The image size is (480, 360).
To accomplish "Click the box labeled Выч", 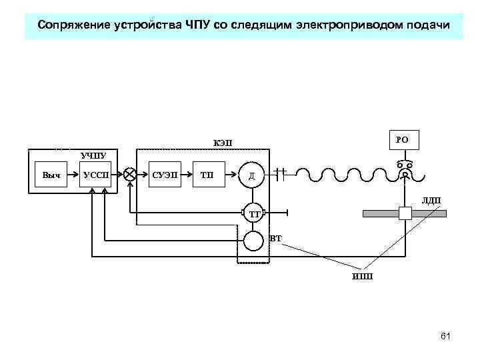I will coord(51,175).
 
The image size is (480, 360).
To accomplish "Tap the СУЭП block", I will coord(165,175).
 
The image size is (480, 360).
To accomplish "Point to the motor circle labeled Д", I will coord(252,175).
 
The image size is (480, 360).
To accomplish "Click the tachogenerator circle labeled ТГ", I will coord(253,213).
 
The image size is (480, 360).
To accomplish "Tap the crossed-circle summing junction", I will coord(130,175).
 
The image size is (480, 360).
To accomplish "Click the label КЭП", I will coord(222,143).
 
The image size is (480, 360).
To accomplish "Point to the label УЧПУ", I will coord(93,155).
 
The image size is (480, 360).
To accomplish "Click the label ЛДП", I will coord(431,200).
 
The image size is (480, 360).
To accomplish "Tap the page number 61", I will coord(445,336).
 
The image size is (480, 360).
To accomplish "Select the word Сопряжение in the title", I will coord(71,25).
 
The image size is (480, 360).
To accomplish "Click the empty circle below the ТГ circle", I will coord(253,240).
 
